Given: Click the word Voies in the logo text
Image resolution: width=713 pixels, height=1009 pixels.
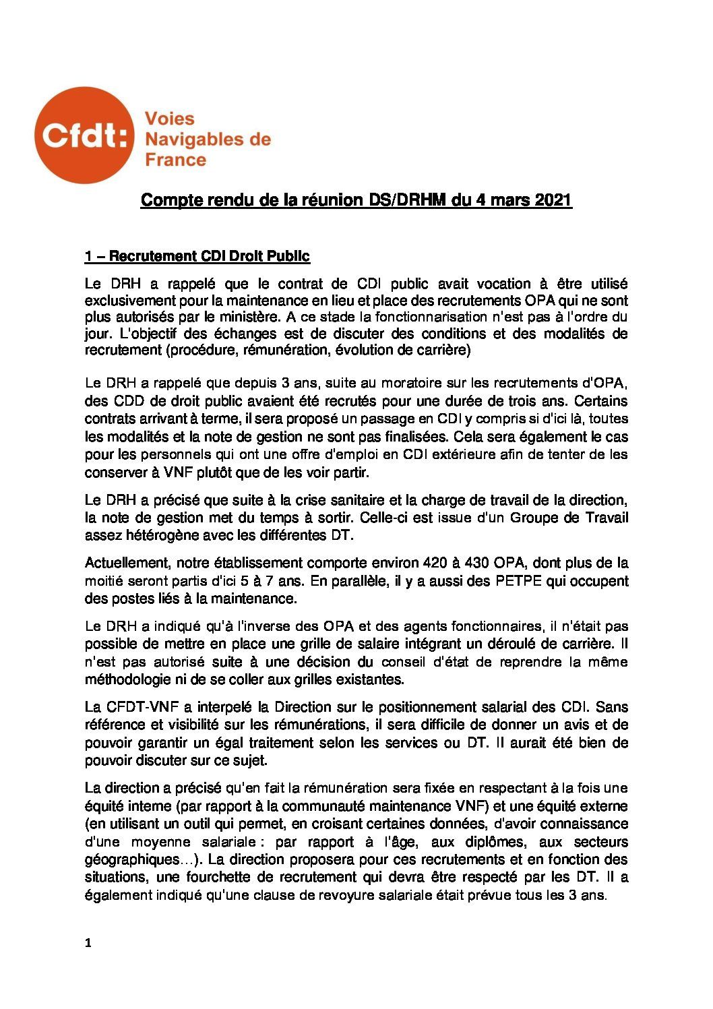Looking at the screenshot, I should (x=170, y=119).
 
